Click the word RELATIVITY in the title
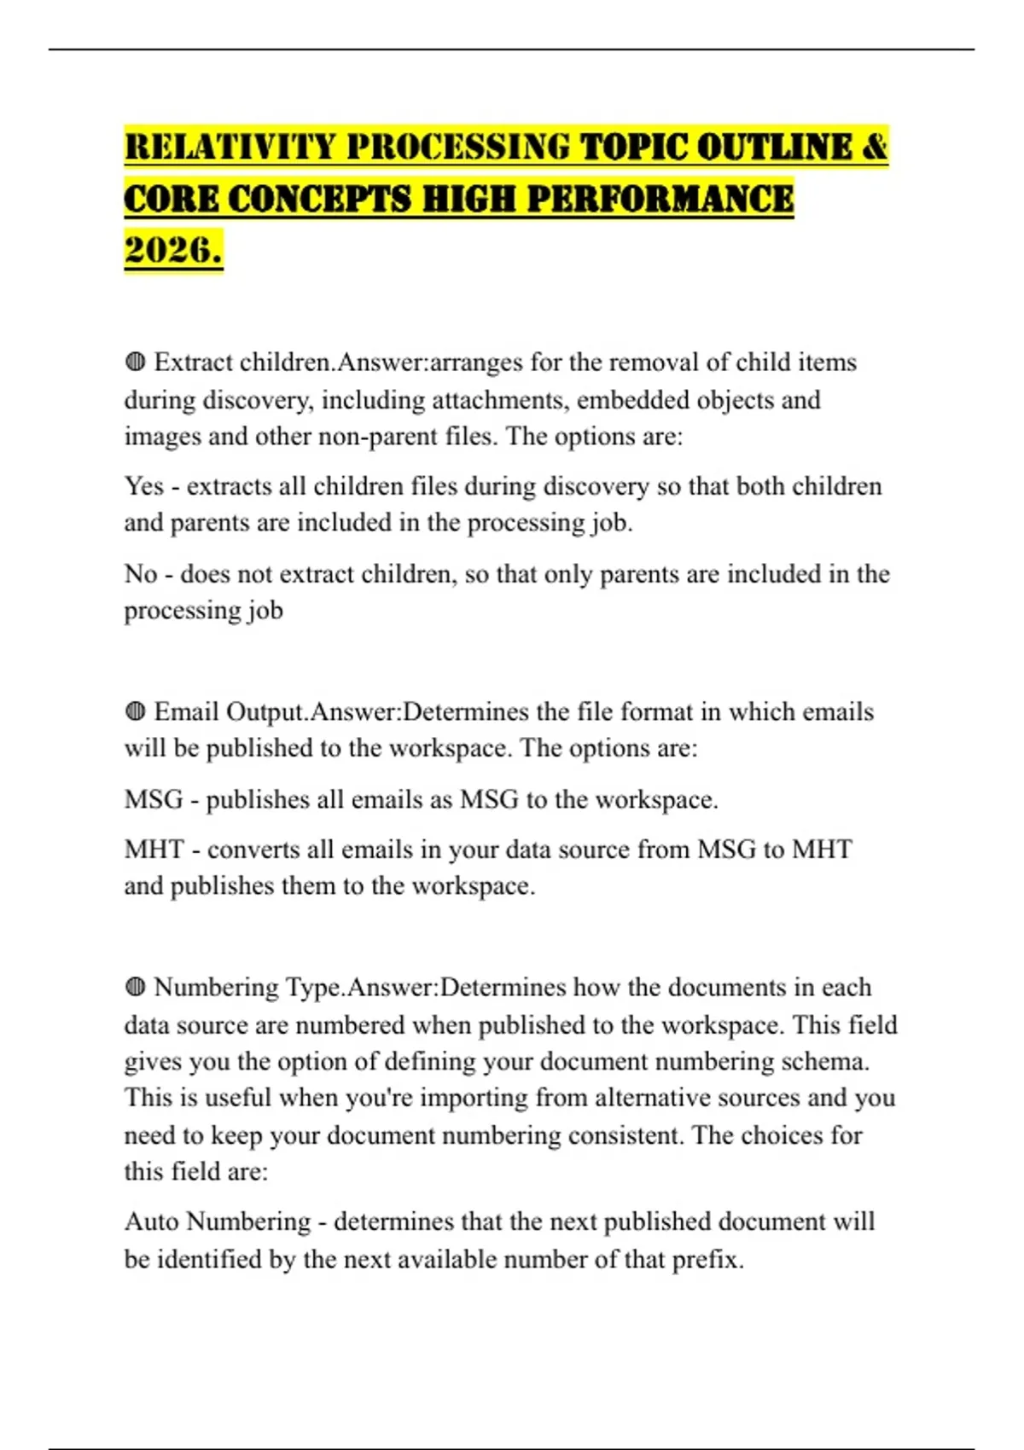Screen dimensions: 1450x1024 pyautogui.click(x=230, y=147)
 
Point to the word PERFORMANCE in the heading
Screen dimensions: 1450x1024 pyautogui.click(x=660, y=200)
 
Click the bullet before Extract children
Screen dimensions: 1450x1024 pyautogui.click(x=135, y=362)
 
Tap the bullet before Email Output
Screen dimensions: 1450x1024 pyautogui.click(x=135, y=711)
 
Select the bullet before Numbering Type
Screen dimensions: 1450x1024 pyautogui.click(x=135, y=988)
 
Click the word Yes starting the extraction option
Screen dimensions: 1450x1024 pyautogui.click(x=143, y=486)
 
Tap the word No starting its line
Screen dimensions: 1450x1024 pyautogui.click(x=141, y=574)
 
